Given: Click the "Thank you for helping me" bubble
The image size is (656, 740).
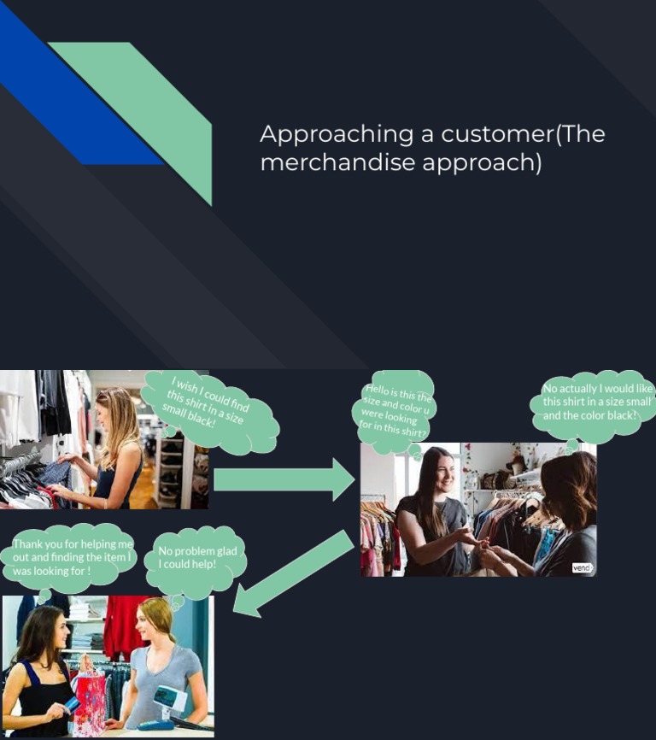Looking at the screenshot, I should [x=73, y=557].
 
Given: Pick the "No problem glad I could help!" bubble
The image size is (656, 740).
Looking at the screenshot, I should [x=197, y=559].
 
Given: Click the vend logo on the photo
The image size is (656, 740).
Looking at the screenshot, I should [x=583, y=567].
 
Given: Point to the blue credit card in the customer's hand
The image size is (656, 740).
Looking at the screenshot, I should [x=72, y=705].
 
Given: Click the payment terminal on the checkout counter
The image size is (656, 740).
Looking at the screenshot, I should [x=170, y=701].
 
